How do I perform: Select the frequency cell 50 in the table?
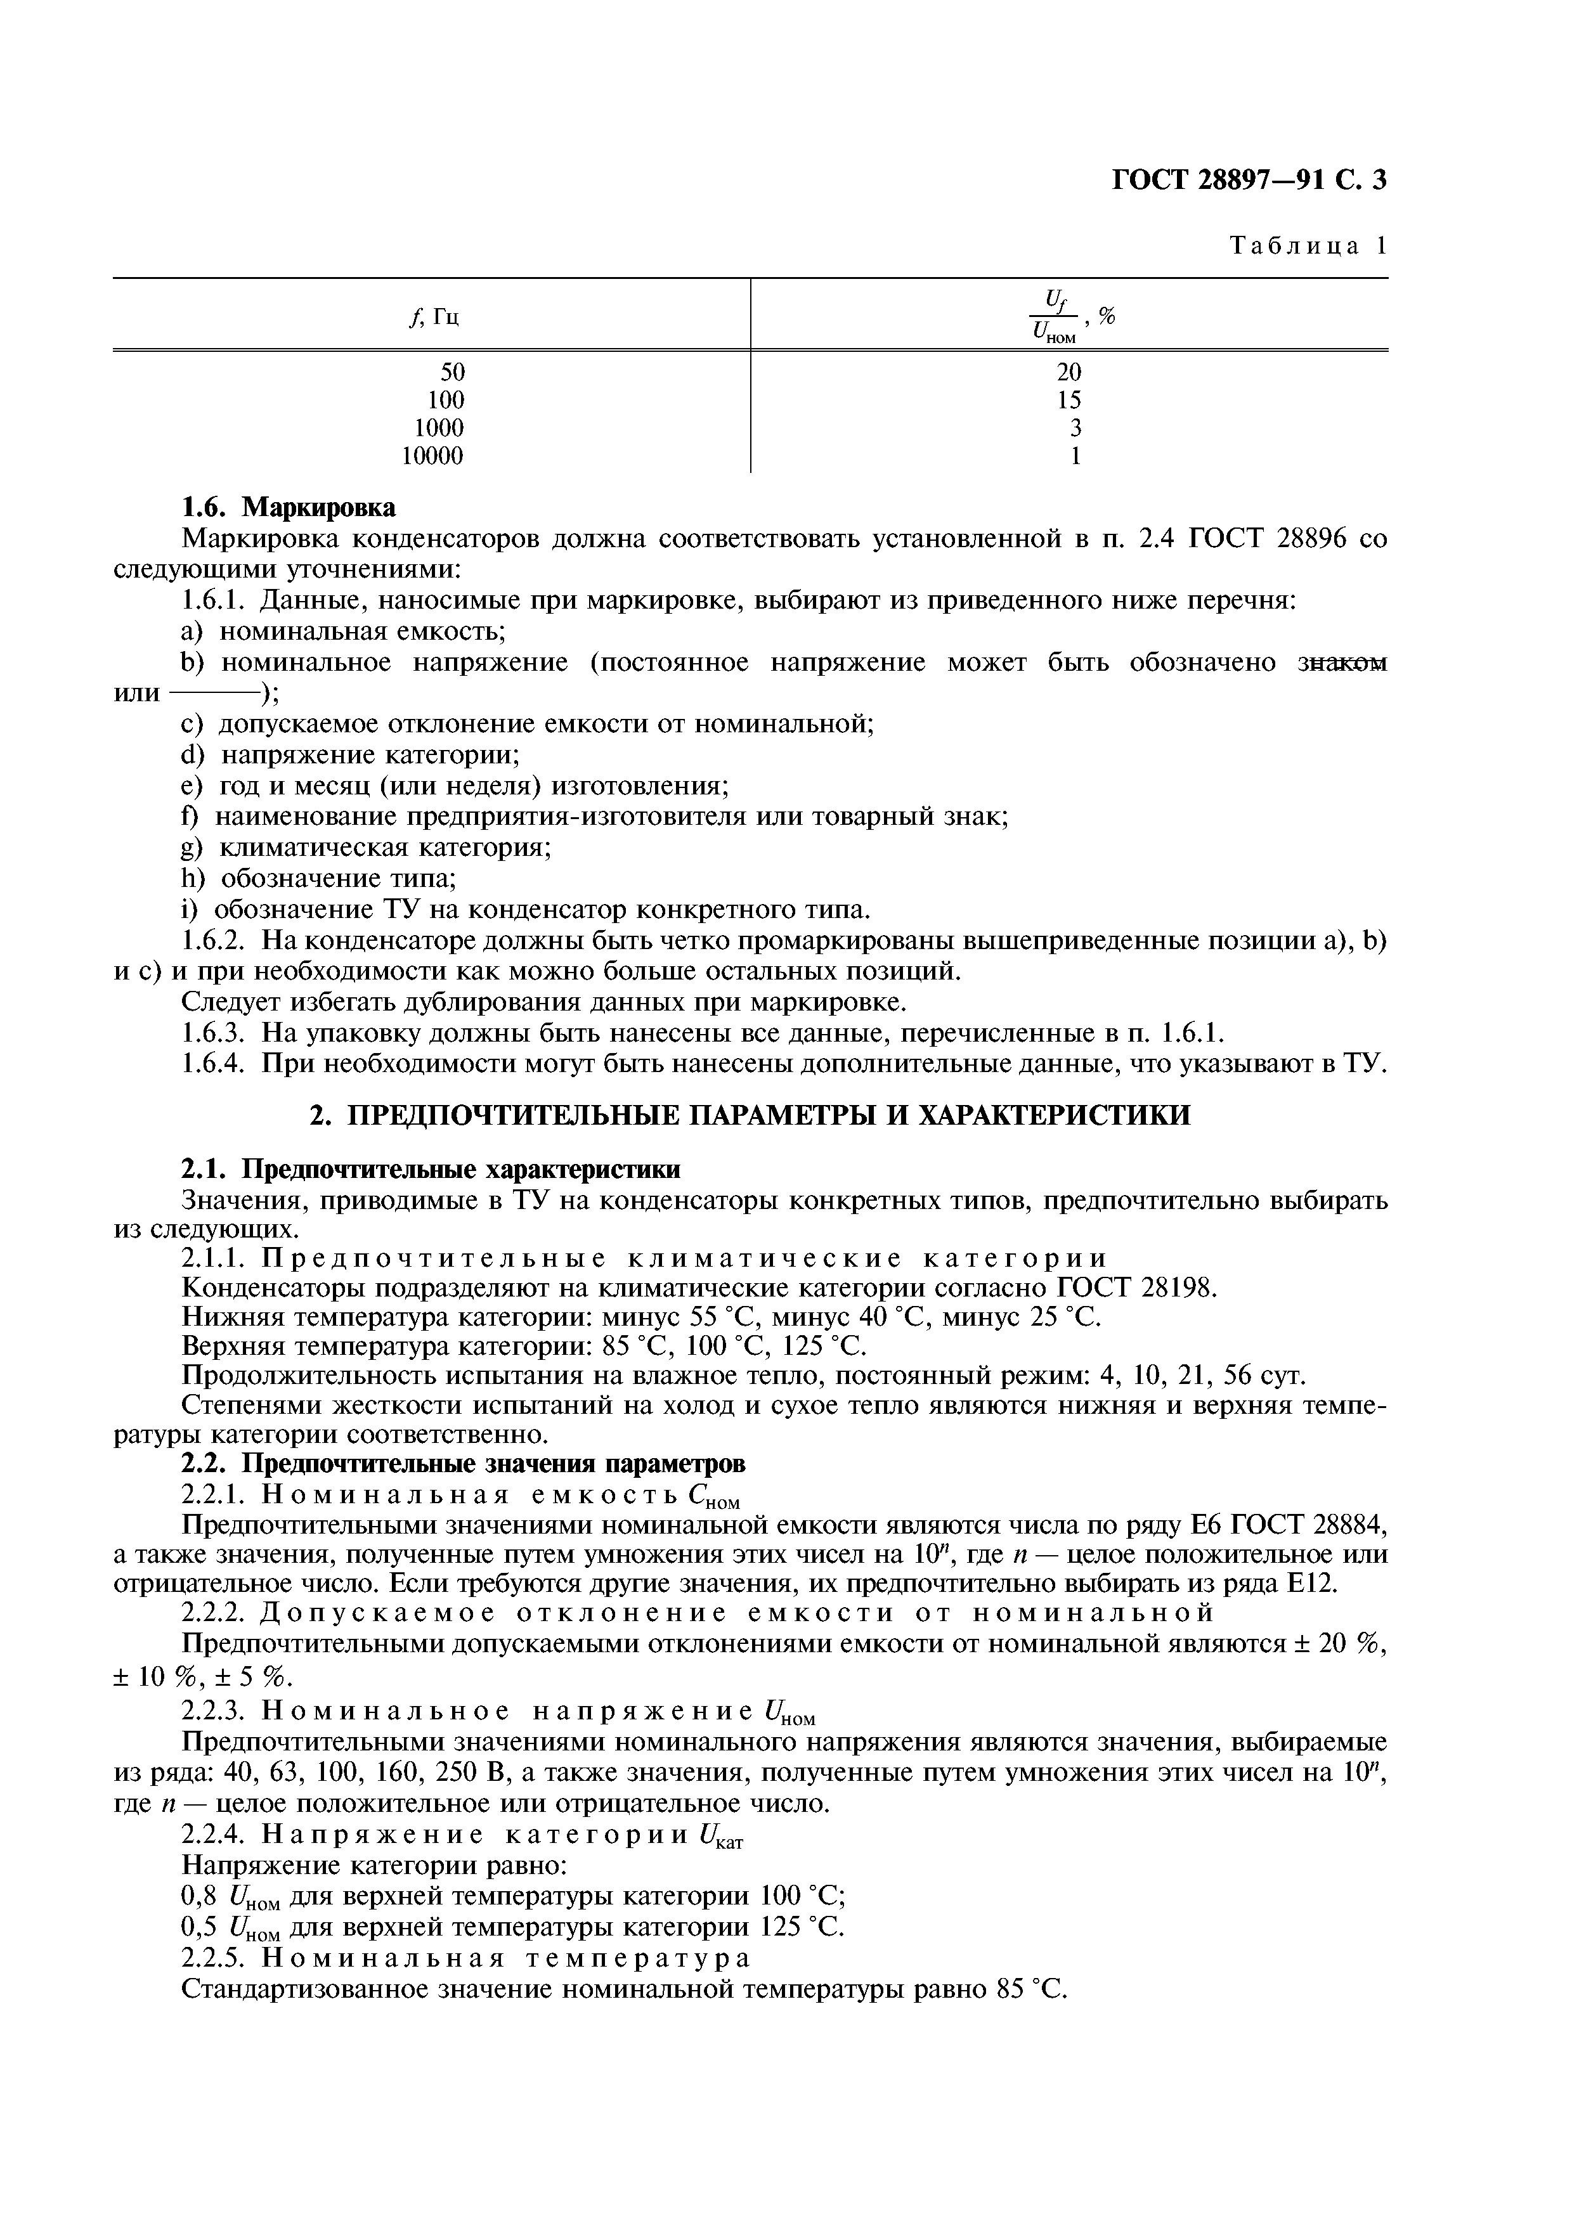tap(451, 372)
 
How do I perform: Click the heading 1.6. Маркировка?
tap(289, 508)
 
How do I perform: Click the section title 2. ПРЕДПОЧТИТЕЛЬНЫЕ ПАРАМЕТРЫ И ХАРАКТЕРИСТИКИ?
tap(750, 1115)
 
